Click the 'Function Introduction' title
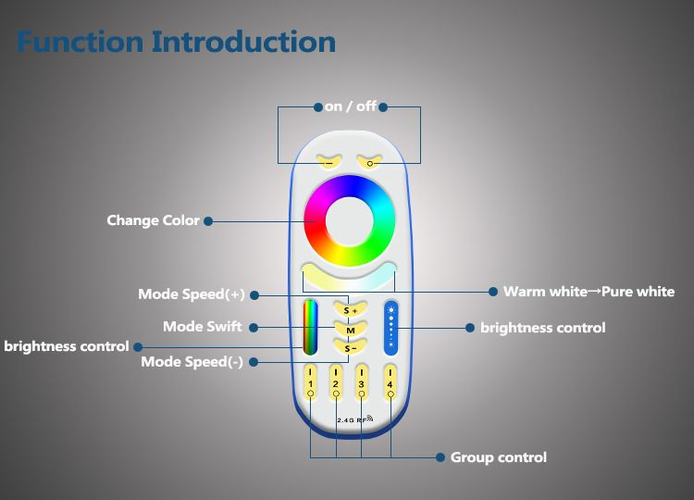[x=176, y=42]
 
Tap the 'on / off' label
[x=350, y=106]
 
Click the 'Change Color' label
[x=153, y=220]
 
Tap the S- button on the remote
[x=350, y=348]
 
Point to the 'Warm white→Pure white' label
[x=589, y=292]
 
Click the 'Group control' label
[x=498, y=457]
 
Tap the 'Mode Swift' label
[x=203, y=327]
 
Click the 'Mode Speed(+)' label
[x=192, y=294]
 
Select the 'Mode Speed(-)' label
[x=192, y=362]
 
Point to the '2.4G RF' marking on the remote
[x=352, y=419]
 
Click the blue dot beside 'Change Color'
[x=208, y=221]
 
